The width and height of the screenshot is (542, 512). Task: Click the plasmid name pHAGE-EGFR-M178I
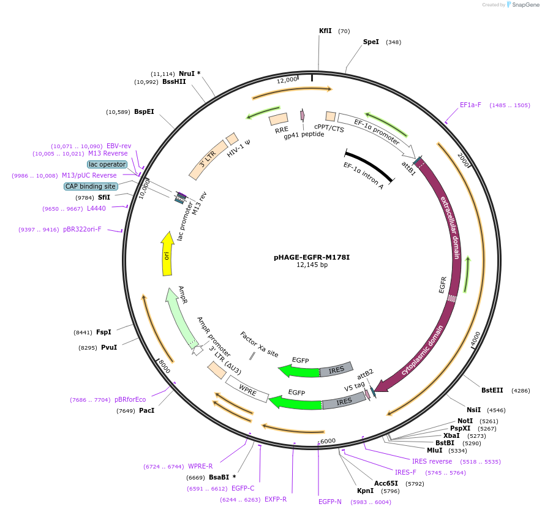click(312, 257)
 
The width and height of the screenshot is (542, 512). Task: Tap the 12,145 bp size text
click(312, 265)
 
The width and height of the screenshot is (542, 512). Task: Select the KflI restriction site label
click(325, 31)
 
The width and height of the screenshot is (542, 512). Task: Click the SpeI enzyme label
click(371, 42)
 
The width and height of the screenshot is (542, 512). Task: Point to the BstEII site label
click(492, 390)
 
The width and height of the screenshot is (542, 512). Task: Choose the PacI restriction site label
click(146, 410)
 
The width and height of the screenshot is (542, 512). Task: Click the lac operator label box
click(107, 164)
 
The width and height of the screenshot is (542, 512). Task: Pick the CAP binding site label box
click(91, 186)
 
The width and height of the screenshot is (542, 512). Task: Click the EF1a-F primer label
click(470, 105)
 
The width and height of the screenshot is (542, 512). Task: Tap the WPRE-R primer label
click(200, 466)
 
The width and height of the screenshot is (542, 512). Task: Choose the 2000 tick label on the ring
click(464, 160)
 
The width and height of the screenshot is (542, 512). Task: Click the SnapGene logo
click(522, 5)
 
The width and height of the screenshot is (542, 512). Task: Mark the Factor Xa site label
click(259, 345)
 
